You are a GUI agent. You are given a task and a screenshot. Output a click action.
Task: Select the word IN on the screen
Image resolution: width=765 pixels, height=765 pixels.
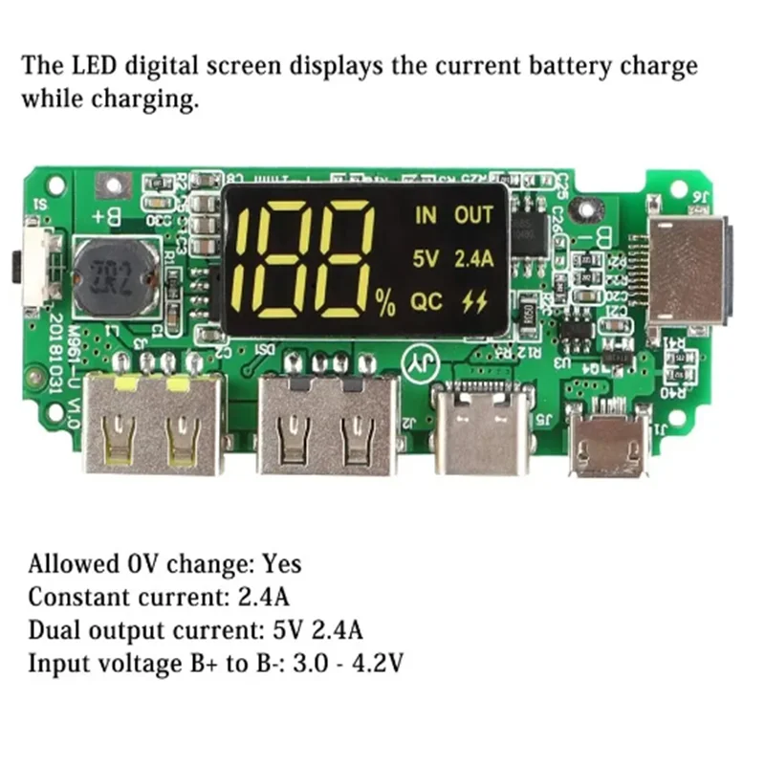pyautogui.click(x=426, y=214)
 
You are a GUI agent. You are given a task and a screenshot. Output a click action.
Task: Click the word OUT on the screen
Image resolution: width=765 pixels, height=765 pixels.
pyautogui.click(x=473, y=214)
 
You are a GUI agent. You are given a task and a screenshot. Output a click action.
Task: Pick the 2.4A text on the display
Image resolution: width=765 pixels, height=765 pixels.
pyautogui.click(x=473, y=258)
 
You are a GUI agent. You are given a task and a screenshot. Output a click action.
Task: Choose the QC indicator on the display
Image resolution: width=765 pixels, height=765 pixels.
pyautogui.click(x=426, y=303)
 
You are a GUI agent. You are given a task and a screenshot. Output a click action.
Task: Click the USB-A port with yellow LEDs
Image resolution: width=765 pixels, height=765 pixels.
pyautogui.click(x=153, y=426)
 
